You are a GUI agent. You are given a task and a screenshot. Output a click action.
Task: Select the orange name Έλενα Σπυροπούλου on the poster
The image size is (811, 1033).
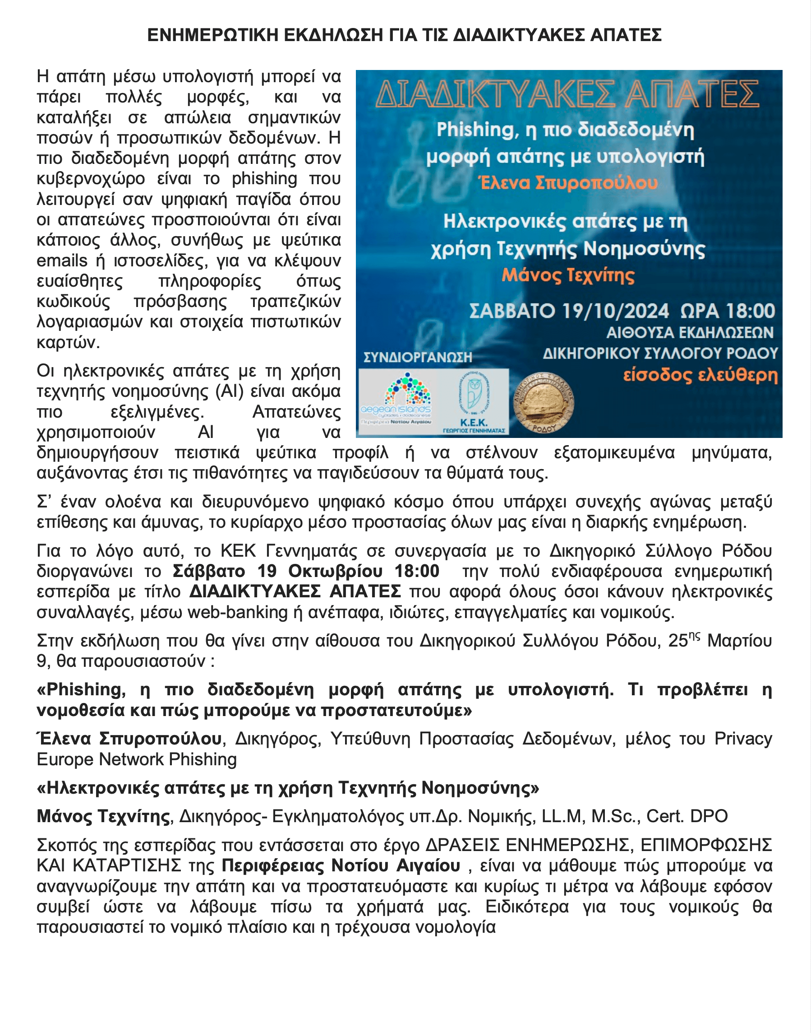569,183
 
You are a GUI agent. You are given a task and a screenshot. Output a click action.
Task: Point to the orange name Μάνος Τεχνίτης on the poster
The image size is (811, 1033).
568,275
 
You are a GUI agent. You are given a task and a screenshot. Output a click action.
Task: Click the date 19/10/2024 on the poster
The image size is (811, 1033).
615,311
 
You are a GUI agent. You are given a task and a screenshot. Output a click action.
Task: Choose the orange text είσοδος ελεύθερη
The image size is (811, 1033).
700,375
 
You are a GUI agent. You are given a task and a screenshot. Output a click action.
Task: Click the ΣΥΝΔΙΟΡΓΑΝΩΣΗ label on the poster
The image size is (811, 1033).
417,357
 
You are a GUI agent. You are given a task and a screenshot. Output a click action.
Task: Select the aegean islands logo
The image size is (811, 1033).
396,401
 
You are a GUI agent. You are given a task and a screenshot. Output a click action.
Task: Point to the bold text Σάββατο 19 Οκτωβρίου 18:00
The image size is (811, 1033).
306,571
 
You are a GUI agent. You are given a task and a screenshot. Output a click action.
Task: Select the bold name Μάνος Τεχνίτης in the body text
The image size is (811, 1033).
103,816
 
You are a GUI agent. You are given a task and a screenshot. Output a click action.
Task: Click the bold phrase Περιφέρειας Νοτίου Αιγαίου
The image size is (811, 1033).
341,866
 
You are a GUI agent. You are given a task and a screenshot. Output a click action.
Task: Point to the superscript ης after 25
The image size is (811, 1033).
694,637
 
